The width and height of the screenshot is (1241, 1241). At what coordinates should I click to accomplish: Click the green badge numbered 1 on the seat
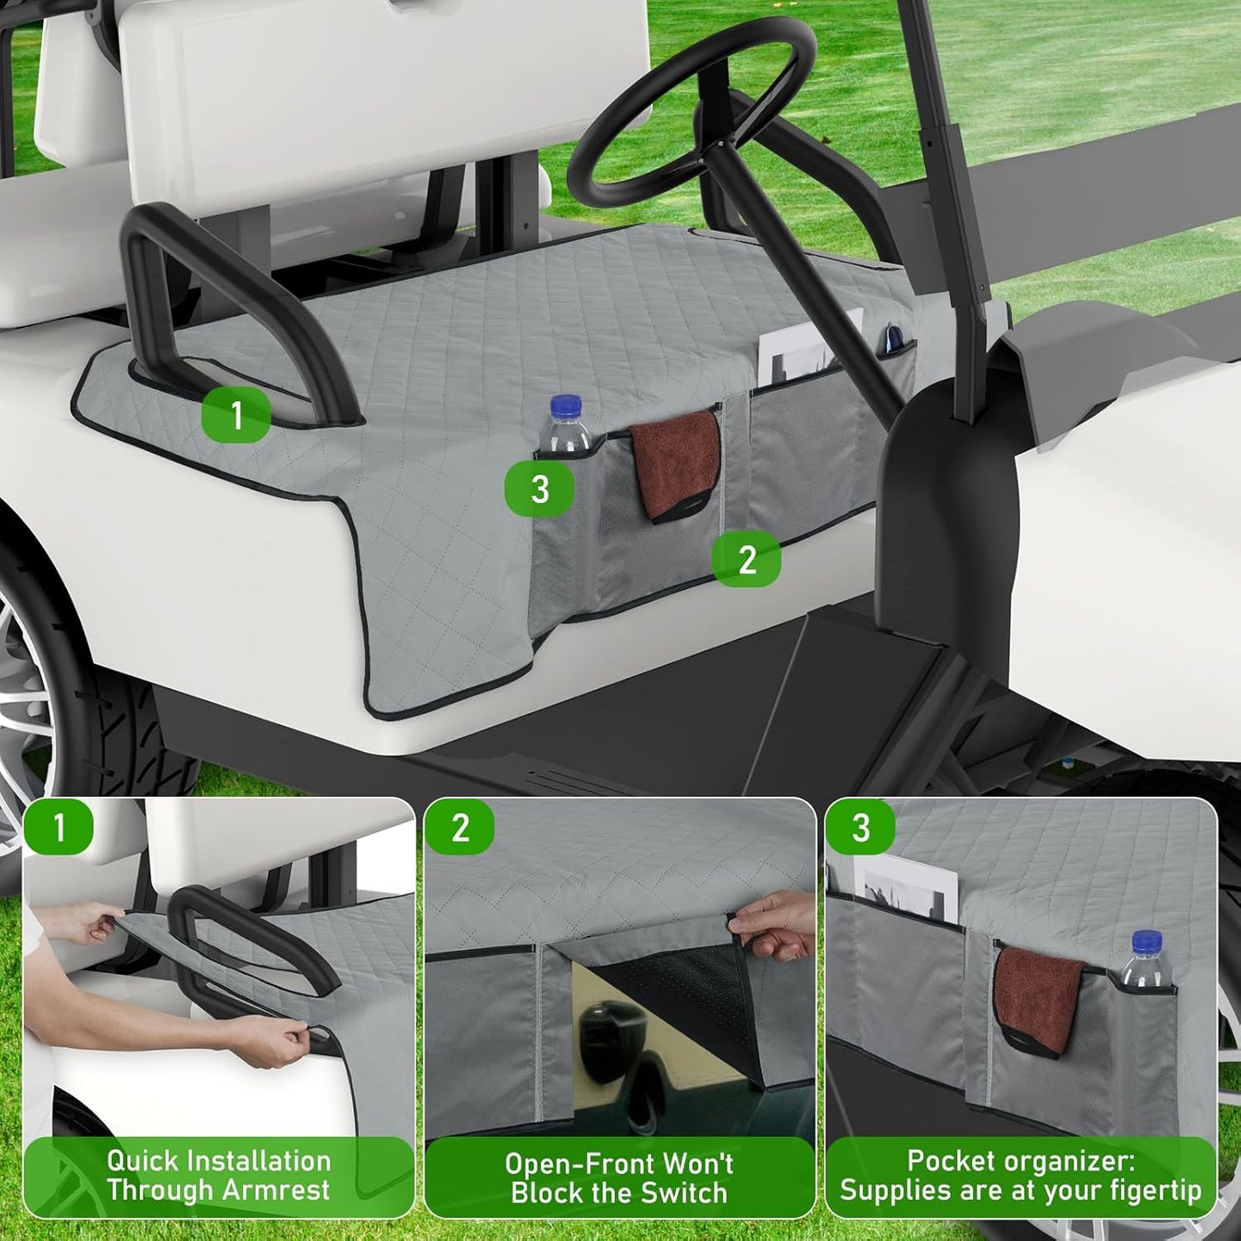pos(236,416)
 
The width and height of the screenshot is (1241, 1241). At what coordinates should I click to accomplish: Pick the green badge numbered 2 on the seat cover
pos(746,560)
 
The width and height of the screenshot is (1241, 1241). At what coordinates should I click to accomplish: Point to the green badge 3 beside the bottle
pos(539,490)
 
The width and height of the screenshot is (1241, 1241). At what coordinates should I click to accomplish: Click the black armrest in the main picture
pos(172,258)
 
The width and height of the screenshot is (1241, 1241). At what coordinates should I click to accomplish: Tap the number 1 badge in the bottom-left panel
pos(58,828)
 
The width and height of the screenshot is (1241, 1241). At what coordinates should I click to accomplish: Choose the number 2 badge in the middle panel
pos(460,828)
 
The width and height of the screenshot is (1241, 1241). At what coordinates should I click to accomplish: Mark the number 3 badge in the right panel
pos(861,828)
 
